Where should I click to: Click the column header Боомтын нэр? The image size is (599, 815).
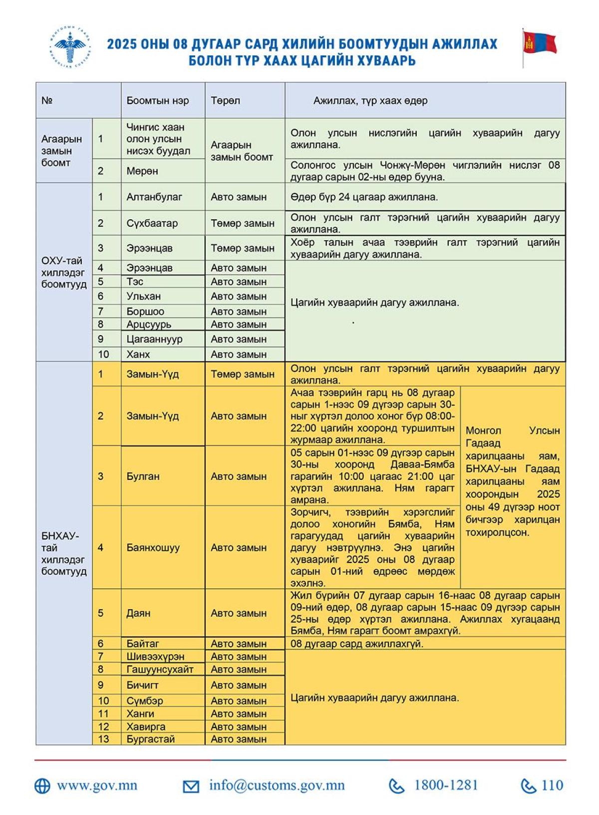pos(157,100)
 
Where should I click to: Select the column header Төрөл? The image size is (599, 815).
pos(225,100)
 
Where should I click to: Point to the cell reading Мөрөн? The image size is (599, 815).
pos(142,171)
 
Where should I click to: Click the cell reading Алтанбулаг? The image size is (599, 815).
pos(154,197)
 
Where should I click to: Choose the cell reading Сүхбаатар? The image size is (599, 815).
pos(152,223)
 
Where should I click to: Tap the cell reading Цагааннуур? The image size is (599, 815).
pos(154,339)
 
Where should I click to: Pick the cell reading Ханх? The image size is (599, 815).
pos(138,354)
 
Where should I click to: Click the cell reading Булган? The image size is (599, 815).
pos(143,476)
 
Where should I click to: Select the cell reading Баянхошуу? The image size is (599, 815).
pos(153,547)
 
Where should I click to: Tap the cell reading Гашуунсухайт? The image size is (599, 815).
pos(160,669)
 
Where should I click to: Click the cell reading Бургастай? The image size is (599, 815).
pos(150,739)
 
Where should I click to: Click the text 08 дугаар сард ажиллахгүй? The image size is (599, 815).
pos(357,644)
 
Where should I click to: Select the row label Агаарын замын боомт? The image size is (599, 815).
pos(61,150)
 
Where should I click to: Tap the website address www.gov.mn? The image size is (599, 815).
pos(97,786)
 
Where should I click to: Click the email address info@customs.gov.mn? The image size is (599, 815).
pos(277,786)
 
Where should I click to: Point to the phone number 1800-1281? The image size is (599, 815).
pos(446,786)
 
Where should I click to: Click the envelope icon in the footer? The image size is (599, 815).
pos(191,787)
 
